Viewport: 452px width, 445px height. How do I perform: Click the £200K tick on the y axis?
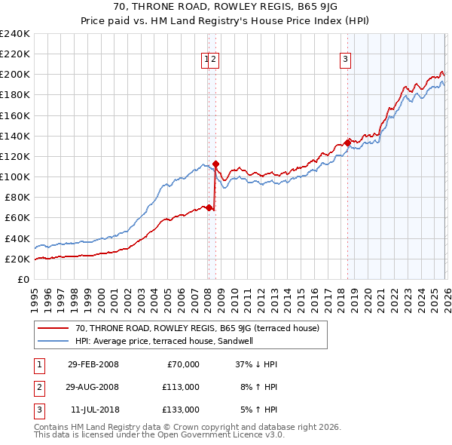[x=15, y=75]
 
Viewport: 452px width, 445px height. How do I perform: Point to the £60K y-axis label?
[x=17, y=218]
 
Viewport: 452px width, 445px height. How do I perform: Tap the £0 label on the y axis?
[x=23, y=279]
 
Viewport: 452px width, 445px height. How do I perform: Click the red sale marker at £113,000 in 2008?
[x=215, y=163]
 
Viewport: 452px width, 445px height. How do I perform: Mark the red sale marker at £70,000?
[x=209, y=207]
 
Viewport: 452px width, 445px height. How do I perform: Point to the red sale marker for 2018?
[x=347, y=143]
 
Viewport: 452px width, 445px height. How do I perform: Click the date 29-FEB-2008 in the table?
[x=93, y=364]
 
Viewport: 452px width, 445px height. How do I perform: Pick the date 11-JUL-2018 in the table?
[x=93, y=410]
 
